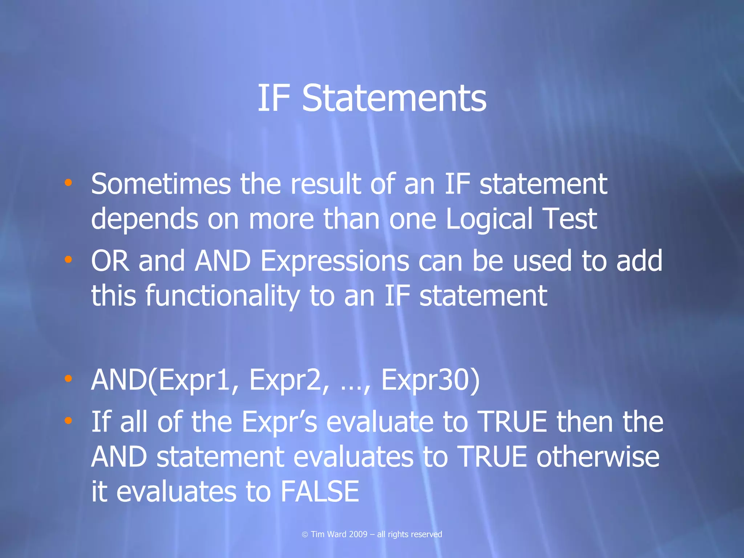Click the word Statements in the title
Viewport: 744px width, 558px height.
click(x=394, y=98)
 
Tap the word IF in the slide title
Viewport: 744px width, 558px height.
click(x=274, y=98)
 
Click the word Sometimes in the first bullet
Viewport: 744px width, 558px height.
click(x=161, y=184)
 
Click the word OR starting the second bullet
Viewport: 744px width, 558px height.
click(x=110, y=261)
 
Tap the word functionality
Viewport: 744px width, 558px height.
click(x=223, y=296)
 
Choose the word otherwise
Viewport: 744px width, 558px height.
click(x=598, y=457)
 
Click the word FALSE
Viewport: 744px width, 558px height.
click(x=320, y=492)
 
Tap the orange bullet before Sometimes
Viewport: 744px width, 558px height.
click(x=68, y=183)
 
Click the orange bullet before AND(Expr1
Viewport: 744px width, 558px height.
click(x=68, y=379)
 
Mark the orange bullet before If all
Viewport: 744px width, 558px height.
click(x=68, y=421)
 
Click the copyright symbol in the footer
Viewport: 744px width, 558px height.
click(x=305, y=534)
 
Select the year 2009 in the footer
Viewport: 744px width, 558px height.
click(x=358, y=534)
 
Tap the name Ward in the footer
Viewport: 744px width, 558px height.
click(x=336, y=534)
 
